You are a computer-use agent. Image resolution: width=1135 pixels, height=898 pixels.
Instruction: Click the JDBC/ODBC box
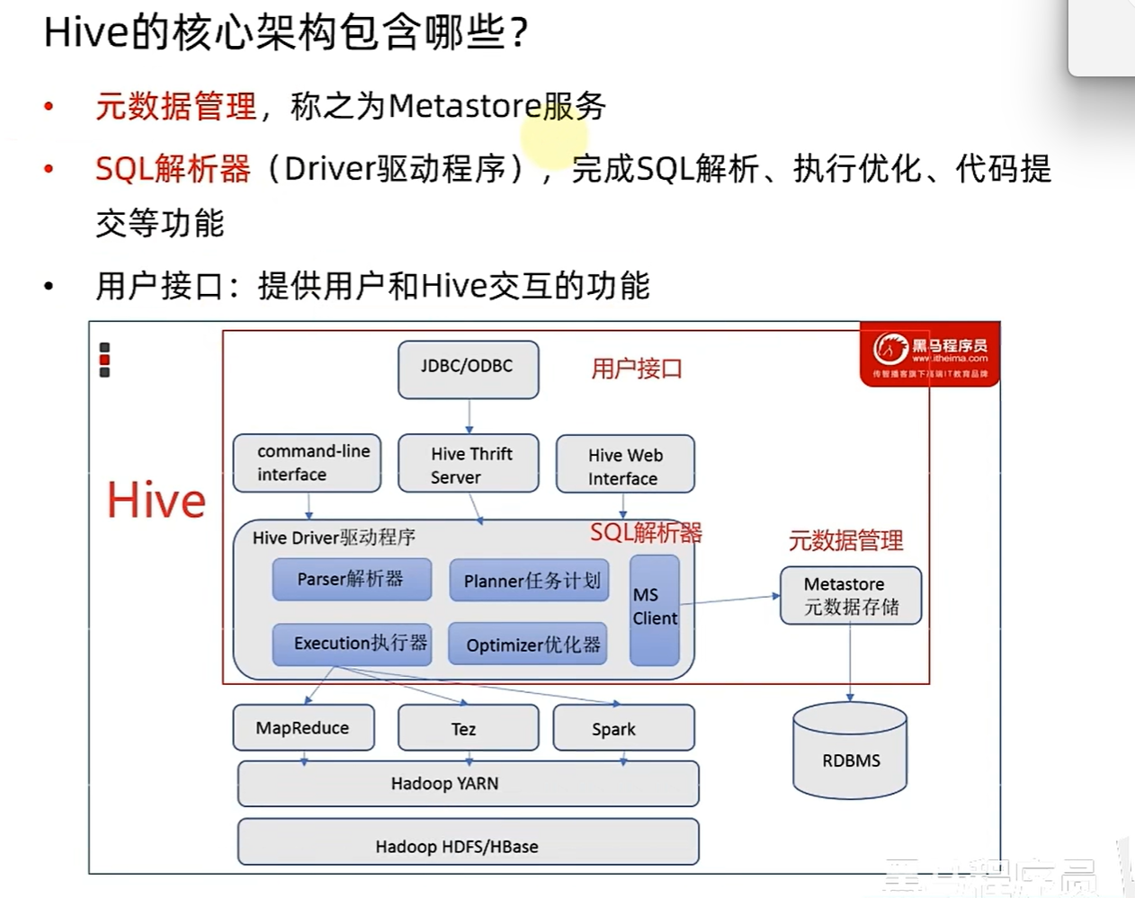(468, 368)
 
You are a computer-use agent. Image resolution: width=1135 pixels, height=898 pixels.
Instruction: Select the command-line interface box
(307, 463)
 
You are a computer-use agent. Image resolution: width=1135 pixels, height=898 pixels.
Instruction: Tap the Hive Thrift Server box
(468, 464)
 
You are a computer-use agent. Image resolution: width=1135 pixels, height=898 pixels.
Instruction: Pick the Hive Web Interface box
(625, 466)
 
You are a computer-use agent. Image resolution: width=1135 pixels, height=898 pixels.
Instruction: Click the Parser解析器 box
(352, 579)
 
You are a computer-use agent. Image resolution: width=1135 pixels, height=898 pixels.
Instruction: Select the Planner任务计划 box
(530, 581)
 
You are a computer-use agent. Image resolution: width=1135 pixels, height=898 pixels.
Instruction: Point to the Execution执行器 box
(352, 644)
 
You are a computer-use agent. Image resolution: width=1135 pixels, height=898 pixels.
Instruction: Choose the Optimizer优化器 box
(529, 645)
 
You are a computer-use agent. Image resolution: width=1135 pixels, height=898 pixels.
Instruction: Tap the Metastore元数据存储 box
(850, 595)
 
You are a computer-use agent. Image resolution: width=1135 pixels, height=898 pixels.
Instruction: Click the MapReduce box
(303, 727)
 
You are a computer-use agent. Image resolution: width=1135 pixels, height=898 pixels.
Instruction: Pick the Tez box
(468, 728)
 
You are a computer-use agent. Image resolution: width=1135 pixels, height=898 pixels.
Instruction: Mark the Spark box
(623, 728)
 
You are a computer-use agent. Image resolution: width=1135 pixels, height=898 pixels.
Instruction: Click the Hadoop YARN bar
(468, 784)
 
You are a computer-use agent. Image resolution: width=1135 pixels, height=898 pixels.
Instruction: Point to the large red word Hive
(156, 500)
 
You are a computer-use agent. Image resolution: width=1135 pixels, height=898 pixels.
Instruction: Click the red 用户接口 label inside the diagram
(637, 369)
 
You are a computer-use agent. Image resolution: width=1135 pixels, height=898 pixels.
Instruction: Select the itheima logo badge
(929, 354)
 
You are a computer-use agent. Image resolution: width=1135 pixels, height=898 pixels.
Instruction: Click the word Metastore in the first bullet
(463, 106)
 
